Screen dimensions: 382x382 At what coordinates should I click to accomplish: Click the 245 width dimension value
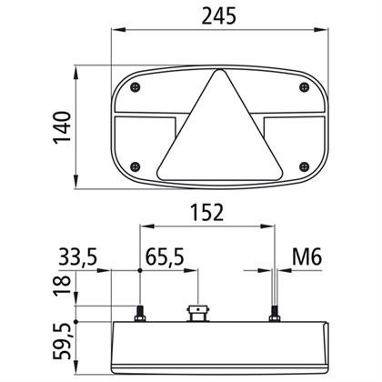coord(218,16)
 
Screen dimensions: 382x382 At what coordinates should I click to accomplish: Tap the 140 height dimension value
coord(62,127)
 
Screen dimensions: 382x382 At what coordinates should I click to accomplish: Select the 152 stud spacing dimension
coord(206,213)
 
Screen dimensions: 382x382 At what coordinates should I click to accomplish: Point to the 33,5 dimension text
coord(78,257)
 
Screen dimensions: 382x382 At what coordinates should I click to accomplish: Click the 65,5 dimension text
coord(165,257)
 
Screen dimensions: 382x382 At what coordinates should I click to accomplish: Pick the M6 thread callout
coord(307,257)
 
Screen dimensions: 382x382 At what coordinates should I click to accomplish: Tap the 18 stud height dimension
coord(62,286)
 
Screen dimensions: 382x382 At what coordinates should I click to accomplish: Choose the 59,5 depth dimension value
coord(62,342)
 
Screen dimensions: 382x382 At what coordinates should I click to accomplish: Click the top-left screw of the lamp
coord(136,87)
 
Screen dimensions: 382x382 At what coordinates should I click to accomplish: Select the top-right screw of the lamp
coord(304,87)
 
